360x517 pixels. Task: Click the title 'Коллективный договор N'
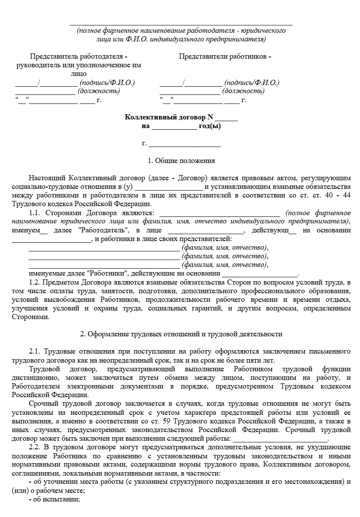pos(169,117)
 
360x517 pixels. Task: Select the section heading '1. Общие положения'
pos(181,161)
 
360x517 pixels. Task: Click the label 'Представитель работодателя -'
pos(78,56)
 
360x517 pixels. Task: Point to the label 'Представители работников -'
pos(225,56)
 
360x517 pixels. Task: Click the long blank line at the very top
pos(181,25)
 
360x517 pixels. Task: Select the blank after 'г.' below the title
pos(185,145)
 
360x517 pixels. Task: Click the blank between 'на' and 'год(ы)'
pos(174,128)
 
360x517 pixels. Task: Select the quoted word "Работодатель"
pos(102,231)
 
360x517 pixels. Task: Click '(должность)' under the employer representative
pos(99,91)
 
